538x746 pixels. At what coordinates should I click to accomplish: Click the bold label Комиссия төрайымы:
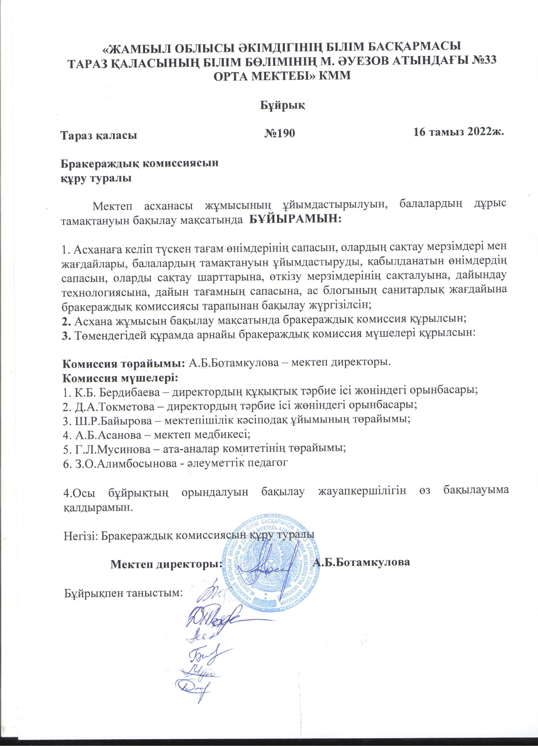point(124,364)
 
